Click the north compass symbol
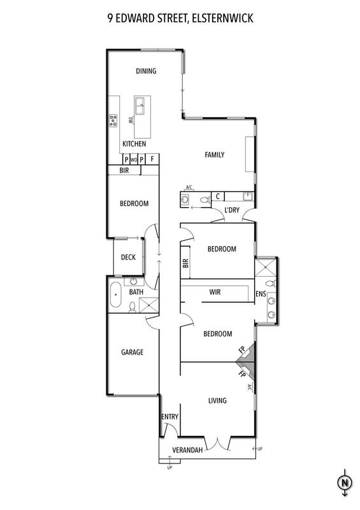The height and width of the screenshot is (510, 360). tap(345, 483)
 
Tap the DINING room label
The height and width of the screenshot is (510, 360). tap(146, 71)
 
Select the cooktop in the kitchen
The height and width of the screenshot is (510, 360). tap(113, 120)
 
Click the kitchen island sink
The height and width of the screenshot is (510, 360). tap(140, 106)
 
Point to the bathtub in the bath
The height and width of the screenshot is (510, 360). tap(115, 295)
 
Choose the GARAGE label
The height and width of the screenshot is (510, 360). tap(132, 352)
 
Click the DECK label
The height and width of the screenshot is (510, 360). tap(128, 258)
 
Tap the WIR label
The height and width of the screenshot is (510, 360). tap(215, 292)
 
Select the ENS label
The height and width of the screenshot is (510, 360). tap(261, 294)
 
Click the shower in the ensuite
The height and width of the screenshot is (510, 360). tap(266, 267)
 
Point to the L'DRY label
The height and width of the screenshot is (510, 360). tap(232, 210)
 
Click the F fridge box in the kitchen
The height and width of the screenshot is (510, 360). tap(152, 159)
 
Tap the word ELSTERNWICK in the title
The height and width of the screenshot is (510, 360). tap(222, 18)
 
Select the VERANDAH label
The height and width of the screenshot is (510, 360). tap(187, 450)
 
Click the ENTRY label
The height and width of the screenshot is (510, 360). tap(169, 417)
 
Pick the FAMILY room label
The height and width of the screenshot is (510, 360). tap(214, 155)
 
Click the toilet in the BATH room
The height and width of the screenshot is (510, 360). tap(133, 307)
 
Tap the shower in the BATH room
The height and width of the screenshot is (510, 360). tap(148, 305)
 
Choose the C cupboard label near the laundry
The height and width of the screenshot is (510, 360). tap(218, 196)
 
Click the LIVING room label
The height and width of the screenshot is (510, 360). tap(217, 400)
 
